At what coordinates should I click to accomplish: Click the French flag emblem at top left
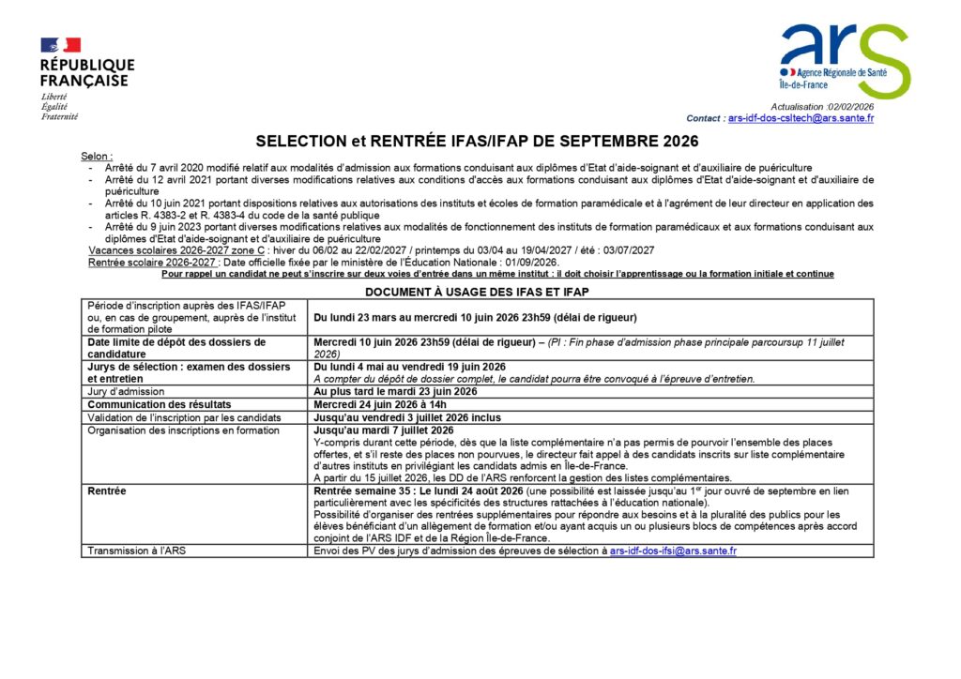pos(60,45)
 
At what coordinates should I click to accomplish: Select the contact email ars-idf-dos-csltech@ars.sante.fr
pos(801,118)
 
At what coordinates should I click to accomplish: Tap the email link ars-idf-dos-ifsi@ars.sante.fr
pos(673,551)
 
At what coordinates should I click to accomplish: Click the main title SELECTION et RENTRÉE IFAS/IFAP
pos(478,142)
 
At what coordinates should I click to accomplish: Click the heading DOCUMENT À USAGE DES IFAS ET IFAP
pos(477,292)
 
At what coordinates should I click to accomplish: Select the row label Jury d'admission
pos(126,391)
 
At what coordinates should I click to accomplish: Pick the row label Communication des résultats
pos(145,404)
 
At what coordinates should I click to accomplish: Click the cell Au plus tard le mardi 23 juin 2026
pos(395,391)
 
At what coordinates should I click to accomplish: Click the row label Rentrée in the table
pos(106,490)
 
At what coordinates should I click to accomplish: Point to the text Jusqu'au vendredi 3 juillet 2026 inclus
pos(407,417)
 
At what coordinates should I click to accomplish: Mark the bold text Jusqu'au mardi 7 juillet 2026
pos(383,430)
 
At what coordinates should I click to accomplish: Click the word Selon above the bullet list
pos(96,156)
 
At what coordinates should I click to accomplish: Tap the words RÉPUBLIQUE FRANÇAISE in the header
pos(86,73)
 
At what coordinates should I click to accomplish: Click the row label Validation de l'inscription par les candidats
pos(184,417)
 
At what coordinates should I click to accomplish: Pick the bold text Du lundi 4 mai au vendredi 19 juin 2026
pos(410,367)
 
